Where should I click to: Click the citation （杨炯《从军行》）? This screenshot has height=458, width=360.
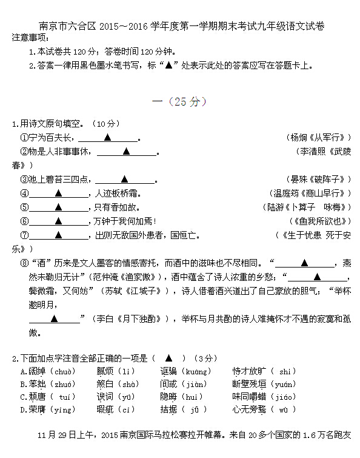319,138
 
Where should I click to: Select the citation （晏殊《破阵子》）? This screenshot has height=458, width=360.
319,179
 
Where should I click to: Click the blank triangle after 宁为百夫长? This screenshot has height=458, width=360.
108,138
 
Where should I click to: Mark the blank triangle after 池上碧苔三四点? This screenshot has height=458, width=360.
124,179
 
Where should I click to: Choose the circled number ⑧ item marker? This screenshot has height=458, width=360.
24,263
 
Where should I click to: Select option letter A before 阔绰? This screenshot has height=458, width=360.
23,371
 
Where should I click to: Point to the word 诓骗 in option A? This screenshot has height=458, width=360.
168,371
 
